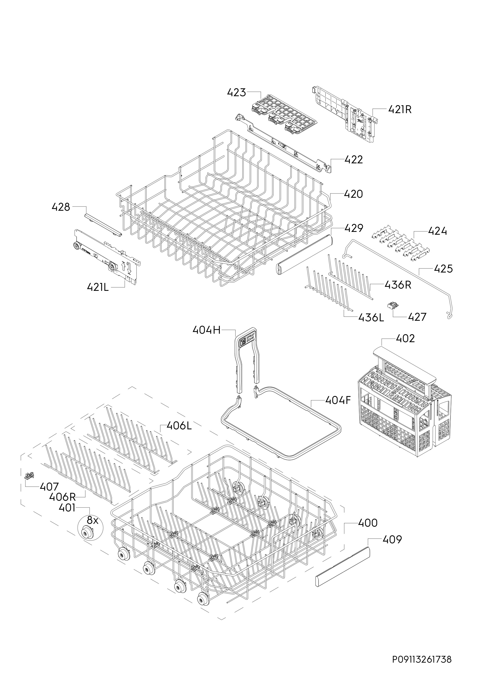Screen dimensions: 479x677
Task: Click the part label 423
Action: click(x=236, y=93)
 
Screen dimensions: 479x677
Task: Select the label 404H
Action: click(x=206, y=330)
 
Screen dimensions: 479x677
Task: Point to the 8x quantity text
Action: click(x=92, y=521)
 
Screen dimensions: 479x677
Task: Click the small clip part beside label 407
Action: click(x=28, y=475)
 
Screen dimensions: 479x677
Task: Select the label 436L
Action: click(x=371, y=318)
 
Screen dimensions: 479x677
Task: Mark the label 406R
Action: click(x=63, y=497)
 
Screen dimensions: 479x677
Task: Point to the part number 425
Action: click(x=443, y=269)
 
